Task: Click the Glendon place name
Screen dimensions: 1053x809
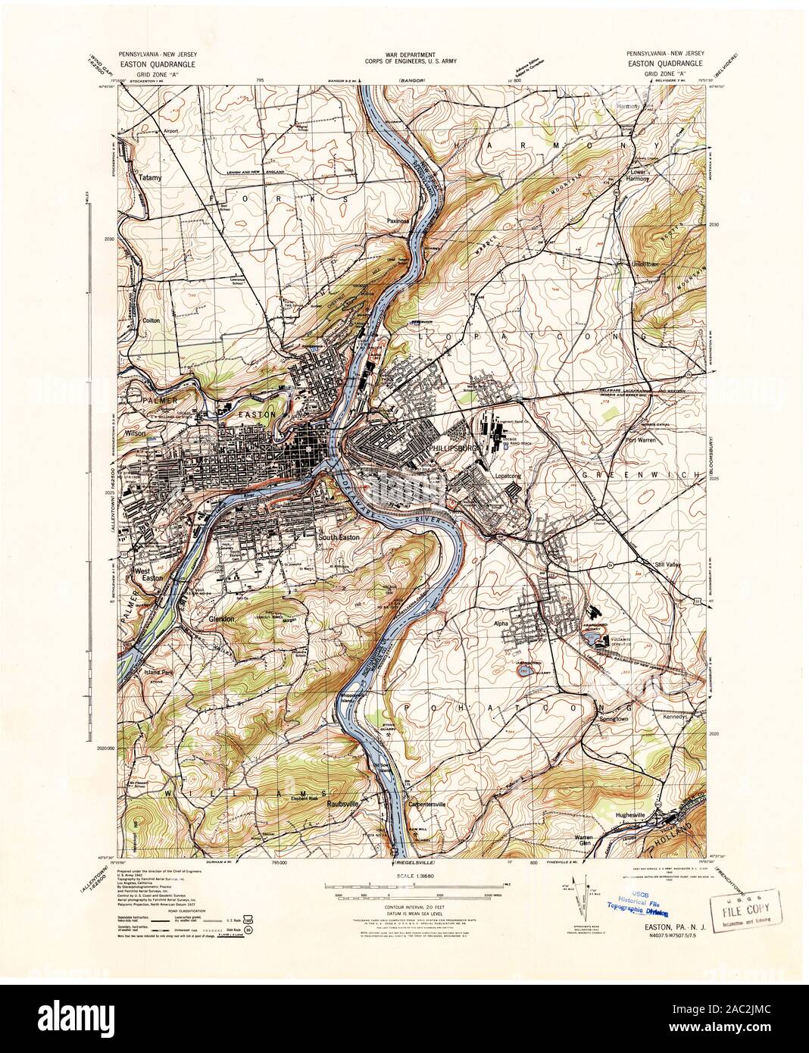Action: coord(224,619)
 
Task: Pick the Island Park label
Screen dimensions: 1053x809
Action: coord(158,672)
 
